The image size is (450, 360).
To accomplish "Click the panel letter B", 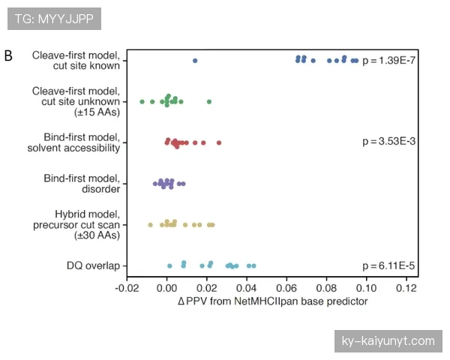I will (x=8, y=55).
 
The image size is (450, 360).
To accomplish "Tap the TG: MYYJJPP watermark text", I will (x=54, y=19).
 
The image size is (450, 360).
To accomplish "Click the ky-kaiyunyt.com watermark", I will (x=388, y=340).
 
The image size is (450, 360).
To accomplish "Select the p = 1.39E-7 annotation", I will (x=388, y=60).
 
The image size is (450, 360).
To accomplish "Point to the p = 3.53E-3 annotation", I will (x=388, y=142).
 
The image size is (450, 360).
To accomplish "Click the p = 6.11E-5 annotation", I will (x=388, y=265).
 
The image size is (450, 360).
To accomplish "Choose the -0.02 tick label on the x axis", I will (x=127, y=287).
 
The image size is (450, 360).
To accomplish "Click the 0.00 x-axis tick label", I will (x=167, y=287).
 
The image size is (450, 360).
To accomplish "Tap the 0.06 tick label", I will (x=287, y=287).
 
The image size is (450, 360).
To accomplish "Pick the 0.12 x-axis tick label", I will (x=406, y=287).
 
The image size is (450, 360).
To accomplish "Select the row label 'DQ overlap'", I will (x=94, y=265).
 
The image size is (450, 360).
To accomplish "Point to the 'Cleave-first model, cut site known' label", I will (x=76, y=60).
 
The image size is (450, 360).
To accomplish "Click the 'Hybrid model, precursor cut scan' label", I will (x=76, y=224).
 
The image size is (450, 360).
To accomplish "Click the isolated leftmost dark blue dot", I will (x=195, y=61).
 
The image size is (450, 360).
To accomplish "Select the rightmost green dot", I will (x=209, y=101).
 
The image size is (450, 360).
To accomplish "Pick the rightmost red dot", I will (x=219, y=142).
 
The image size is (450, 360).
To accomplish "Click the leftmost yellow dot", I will (x=150, y=224).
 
